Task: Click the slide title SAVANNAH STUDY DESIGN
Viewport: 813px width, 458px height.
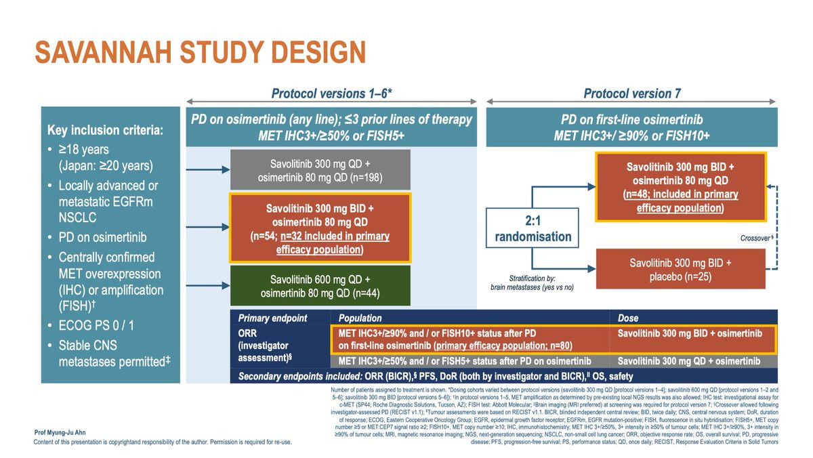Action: [x=200, y=53]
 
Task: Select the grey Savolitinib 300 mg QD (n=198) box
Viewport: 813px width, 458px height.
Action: [x=320, y=169]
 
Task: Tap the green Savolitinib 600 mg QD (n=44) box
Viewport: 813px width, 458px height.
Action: [x=320, y=286]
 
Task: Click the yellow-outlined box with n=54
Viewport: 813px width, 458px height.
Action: [x=320, y=228]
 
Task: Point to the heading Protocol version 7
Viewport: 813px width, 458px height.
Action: [x=632, y=93]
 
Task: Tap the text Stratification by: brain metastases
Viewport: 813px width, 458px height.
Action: [x=531, y=283]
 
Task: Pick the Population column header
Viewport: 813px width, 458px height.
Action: [x=360, y=318]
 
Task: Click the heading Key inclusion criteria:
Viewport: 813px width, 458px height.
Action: [x=105, y=129]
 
